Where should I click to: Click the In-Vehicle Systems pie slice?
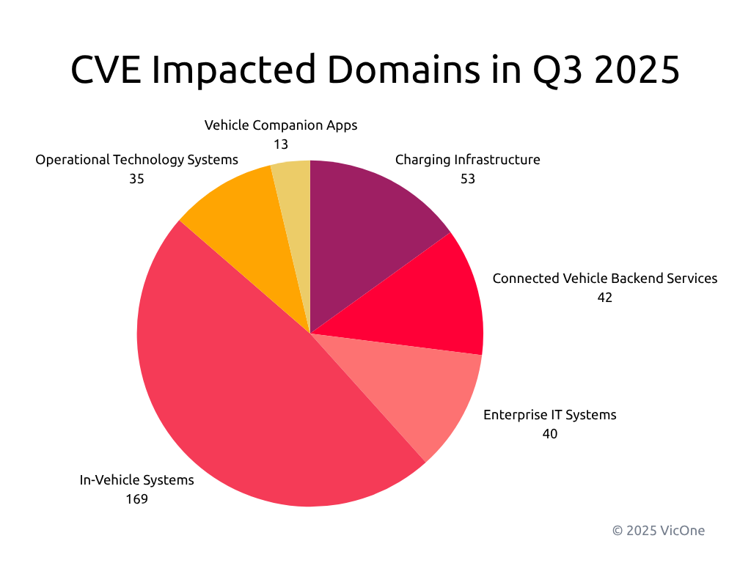point(242,396)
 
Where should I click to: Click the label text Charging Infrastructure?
point(467,159)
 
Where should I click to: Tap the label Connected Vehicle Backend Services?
point(604,279)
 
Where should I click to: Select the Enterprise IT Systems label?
point(549,415)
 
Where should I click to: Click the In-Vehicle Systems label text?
point(136,480)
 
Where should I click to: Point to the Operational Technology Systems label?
point(136,159)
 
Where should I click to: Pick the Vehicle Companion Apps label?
point(281,125)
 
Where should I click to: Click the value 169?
point(136,499)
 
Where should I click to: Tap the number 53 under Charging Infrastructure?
point(467,179)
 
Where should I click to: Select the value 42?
point(604,298)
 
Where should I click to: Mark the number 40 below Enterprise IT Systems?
point(549,434)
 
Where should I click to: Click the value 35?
point(136,179)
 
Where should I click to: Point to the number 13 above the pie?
point(281,144)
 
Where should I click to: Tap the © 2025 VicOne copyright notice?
point(658,530)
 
